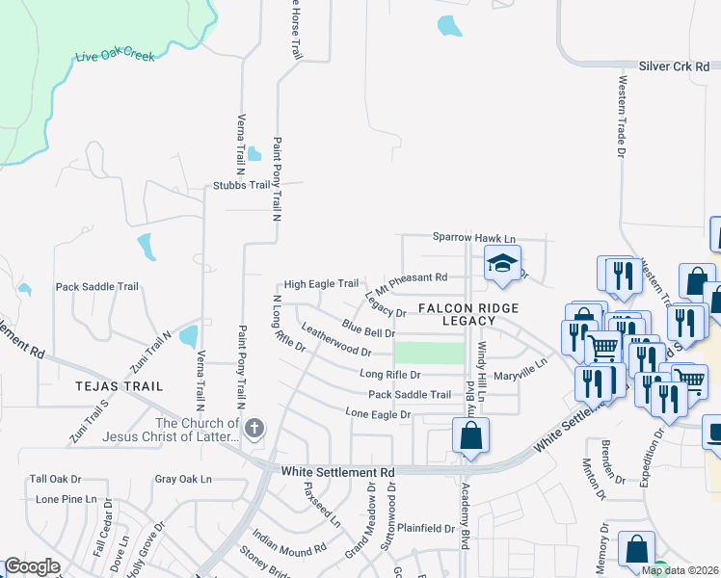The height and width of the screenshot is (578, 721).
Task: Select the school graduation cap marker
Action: point(502,262)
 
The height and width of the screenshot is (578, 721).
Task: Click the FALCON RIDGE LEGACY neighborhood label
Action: point(468,314)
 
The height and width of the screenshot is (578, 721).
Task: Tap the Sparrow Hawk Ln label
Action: point(474,238)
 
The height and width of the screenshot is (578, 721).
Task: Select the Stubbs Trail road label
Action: point(242,185)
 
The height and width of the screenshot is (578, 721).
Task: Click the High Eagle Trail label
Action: point(321,285)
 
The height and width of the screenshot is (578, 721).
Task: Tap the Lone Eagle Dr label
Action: point(379,414)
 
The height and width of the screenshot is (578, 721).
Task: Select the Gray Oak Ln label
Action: point(182,479)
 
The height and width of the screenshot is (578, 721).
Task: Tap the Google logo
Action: point(32,566)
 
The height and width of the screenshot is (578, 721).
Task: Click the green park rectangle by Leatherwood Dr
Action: point(429,353)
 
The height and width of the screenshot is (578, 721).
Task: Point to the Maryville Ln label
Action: point(520,370)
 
